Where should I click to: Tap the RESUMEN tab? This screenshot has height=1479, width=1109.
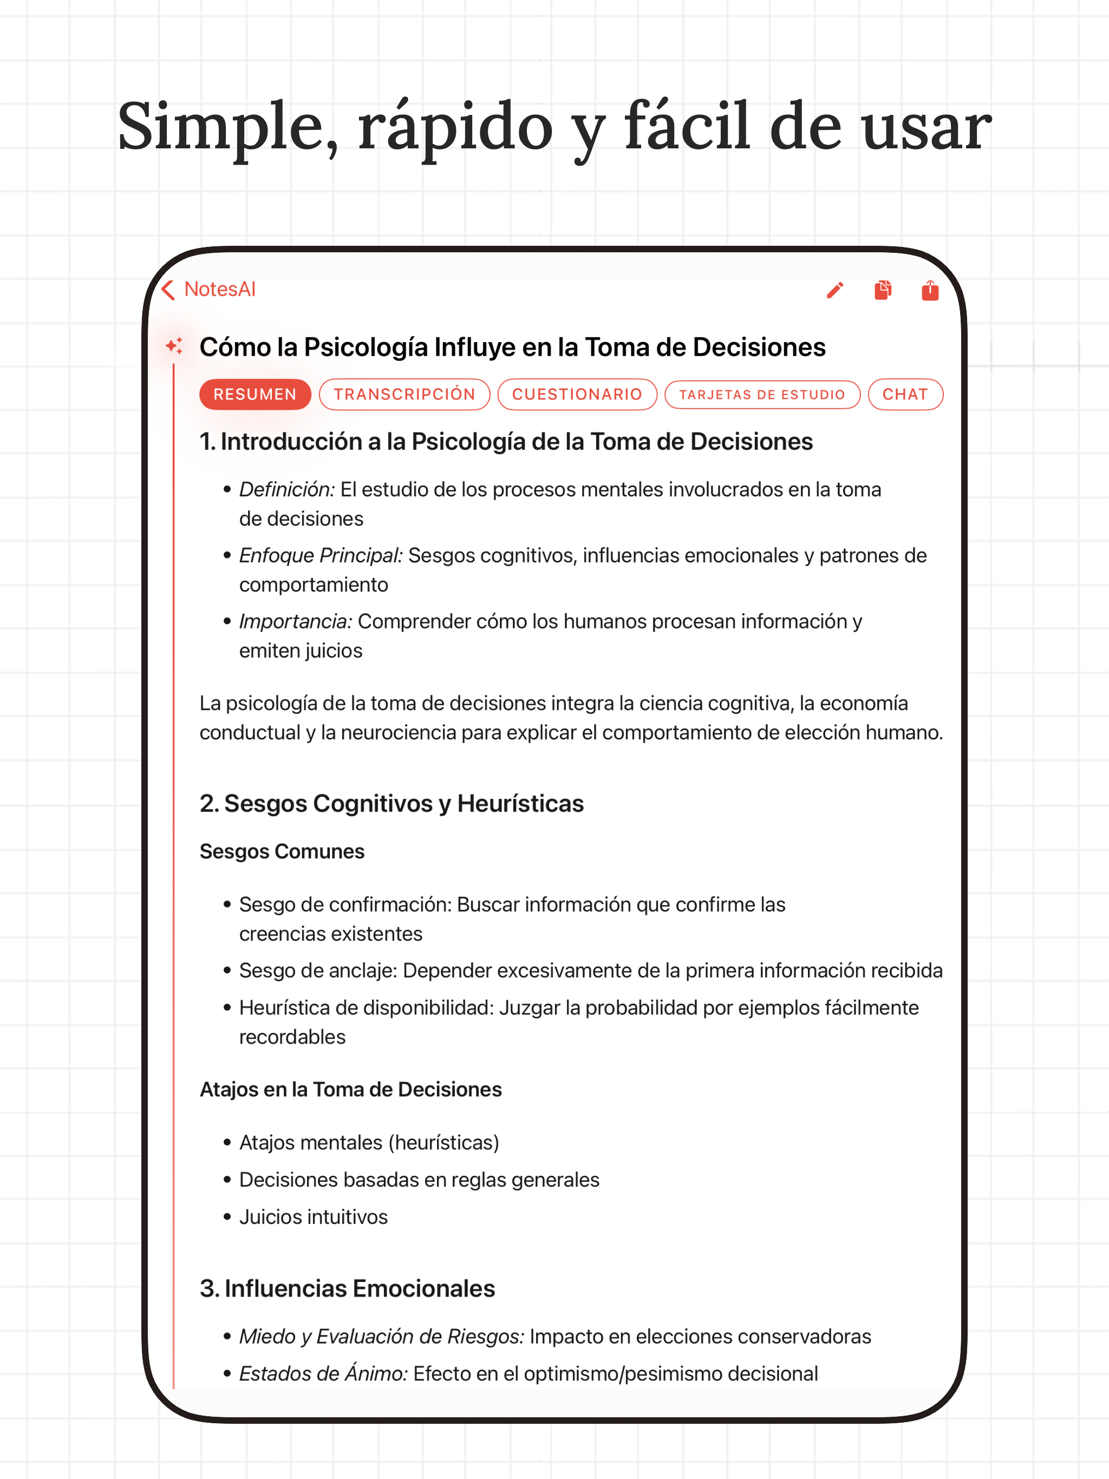255,395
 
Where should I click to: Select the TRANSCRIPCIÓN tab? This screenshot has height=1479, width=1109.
405,395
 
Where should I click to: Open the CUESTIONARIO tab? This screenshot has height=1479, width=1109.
577,395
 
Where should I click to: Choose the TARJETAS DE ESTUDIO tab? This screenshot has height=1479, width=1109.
762,395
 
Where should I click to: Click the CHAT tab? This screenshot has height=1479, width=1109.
905,395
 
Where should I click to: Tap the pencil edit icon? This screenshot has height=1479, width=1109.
835,290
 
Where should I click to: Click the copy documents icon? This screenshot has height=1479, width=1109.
883,290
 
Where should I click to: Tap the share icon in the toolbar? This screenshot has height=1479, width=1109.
930,290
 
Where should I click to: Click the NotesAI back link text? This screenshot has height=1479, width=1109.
219,290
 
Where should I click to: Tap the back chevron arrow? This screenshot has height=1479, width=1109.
168,290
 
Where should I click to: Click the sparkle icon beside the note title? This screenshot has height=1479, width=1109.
174,346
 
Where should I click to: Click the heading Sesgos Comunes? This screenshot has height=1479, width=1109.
282,851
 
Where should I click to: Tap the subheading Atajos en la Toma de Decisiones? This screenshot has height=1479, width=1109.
350,1089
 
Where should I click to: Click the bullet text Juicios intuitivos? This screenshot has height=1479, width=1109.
313,1217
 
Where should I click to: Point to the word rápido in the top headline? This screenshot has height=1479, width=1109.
455,127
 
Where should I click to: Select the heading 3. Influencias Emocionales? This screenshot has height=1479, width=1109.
347,1288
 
